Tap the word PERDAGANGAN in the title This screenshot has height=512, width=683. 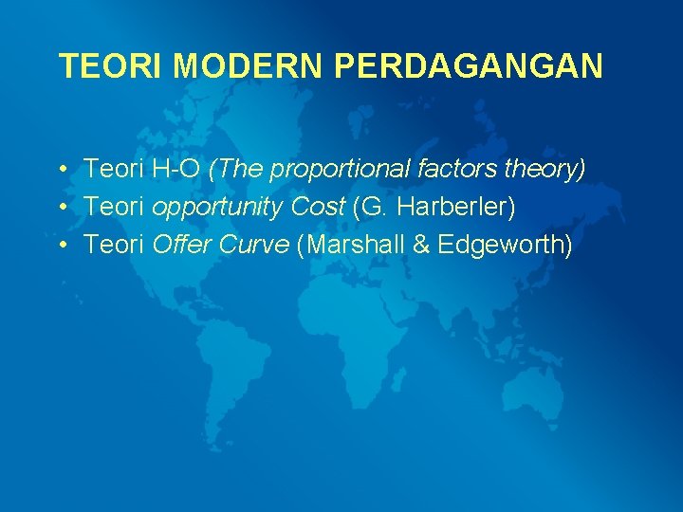point(469,66)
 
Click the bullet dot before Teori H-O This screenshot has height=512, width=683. point(60,170)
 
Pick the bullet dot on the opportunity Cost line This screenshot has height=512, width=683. point(60,208)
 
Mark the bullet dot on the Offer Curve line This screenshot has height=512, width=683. point(60,246)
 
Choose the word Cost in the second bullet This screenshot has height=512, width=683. point(315,208)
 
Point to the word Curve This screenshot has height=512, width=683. point(255,246)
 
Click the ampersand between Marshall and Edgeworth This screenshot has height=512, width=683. point(420,246)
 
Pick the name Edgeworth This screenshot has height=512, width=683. point(504,246)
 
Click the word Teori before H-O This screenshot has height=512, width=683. point(113,170)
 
